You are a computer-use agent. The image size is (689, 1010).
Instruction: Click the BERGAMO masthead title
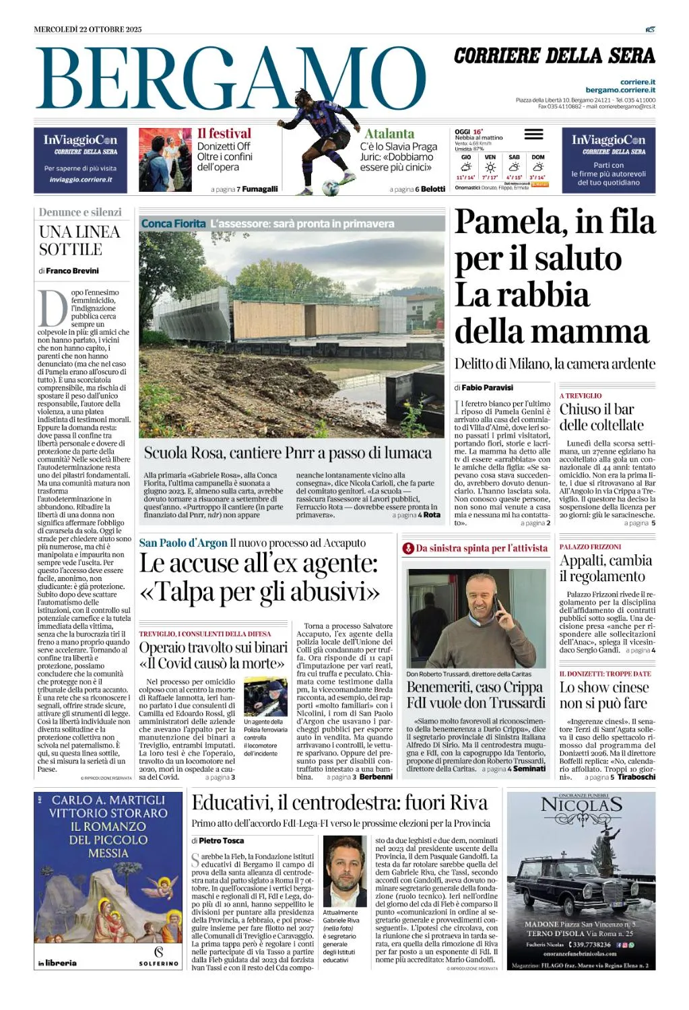[229, 79]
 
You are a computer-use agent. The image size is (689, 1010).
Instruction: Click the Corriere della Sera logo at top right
[554, 56]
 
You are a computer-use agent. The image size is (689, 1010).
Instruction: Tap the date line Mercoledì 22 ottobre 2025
[88, 29]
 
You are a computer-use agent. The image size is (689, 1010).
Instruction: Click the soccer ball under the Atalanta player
[330, 189]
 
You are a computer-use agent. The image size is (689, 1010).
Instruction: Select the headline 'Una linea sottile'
[79, 240]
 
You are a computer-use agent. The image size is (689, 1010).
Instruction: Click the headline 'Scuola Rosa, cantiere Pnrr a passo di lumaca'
[288, 452]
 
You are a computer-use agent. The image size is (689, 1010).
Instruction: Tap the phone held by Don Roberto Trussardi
[500, 607]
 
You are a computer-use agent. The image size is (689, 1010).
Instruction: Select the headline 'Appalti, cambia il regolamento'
[605, 568]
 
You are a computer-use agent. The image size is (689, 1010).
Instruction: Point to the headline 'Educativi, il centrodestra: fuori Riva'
[339, 803]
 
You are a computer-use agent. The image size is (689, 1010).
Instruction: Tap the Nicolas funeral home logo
[581, 805]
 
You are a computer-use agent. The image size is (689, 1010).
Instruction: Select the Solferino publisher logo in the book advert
[159, 956]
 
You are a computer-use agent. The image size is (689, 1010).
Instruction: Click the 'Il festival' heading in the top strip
[224, 133]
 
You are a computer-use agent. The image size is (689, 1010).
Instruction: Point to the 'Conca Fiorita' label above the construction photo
[173, 224]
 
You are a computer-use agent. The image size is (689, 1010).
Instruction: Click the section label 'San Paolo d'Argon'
[183, 543]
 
